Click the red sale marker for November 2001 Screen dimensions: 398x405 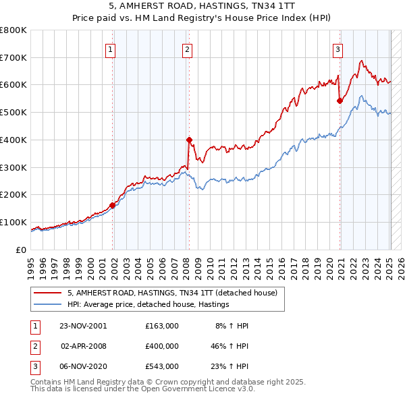click(x=113, y=205)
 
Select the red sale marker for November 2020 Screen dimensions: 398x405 click(x=340, y=101)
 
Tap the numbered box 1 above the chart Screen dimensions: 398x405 click(x=110, y=49)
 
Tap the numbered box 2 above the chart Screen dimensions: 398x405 click(x=186, y=49)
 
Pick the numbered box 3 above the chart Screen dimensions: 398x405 click(x=337, y=49)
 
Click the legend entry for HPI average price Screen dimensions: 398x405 click(x=148, y=305)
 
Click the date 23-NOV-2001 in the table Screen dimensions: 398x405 click(x=83, y=325)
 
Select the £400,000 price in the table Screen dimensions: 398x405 click(x=161, y=346)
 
